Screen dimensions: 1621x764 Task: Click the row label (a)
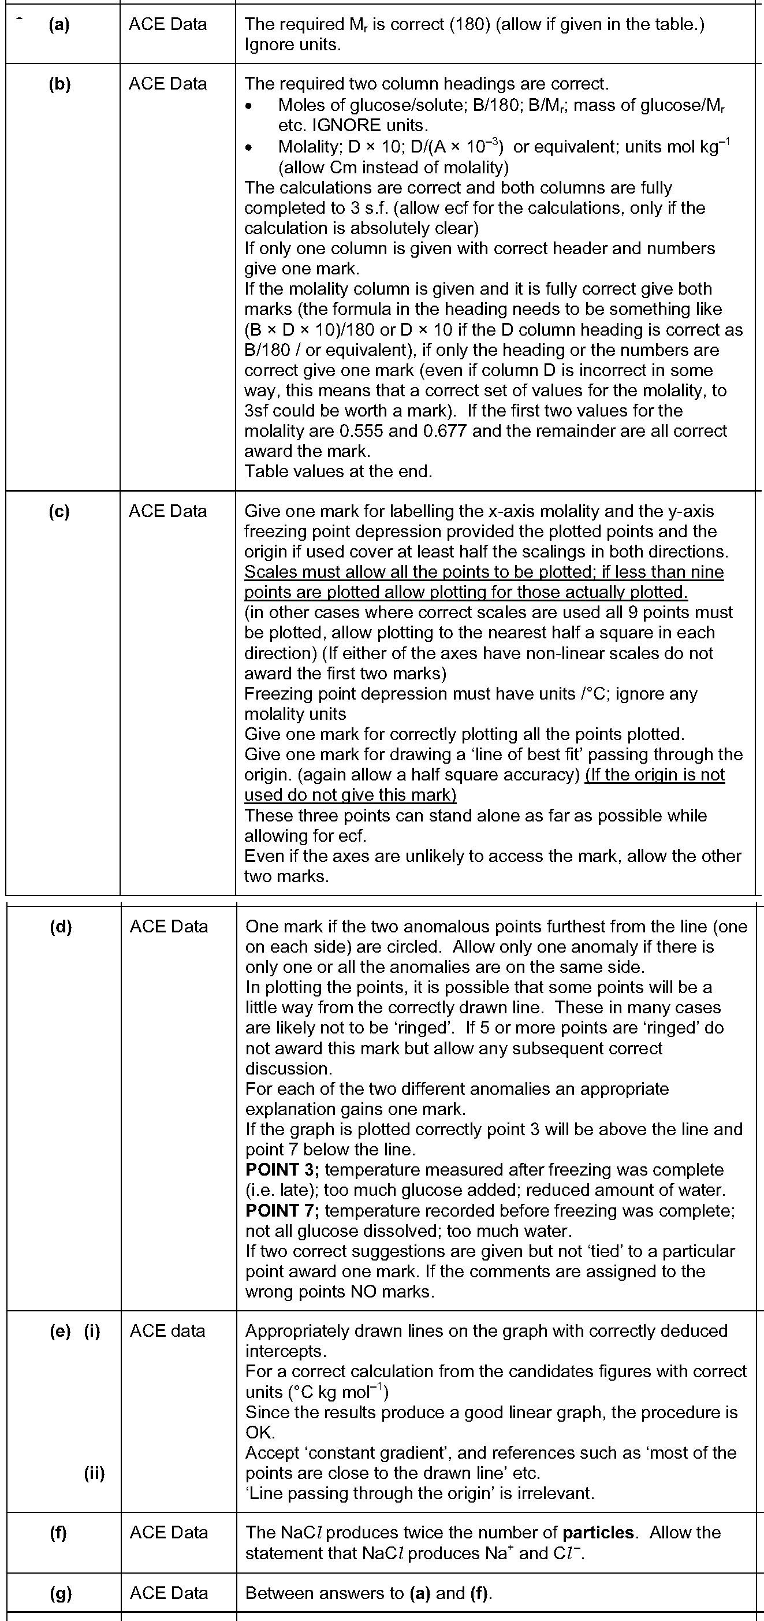pyautogui.click(x=59, y=24)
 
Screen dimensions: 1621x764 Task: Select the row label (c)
pyautogui.click(x=59, y=511)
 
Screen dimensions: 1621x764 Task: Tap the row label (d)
pyautogui.click(x=61, y=926)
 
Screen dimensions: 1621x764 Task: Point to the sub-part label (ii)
pyautogui.click(x=94, y=1473)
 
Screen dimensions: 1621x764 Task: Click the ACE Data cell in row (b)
pyautogui.click(x=167, y=84)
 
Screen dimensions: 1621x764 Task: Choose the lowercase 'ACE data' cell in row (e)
pyautogui.click(x=167, y=1330)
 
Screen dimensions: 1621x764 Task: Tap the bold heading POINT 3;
pyautogui.click(x=282, y=1170)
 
